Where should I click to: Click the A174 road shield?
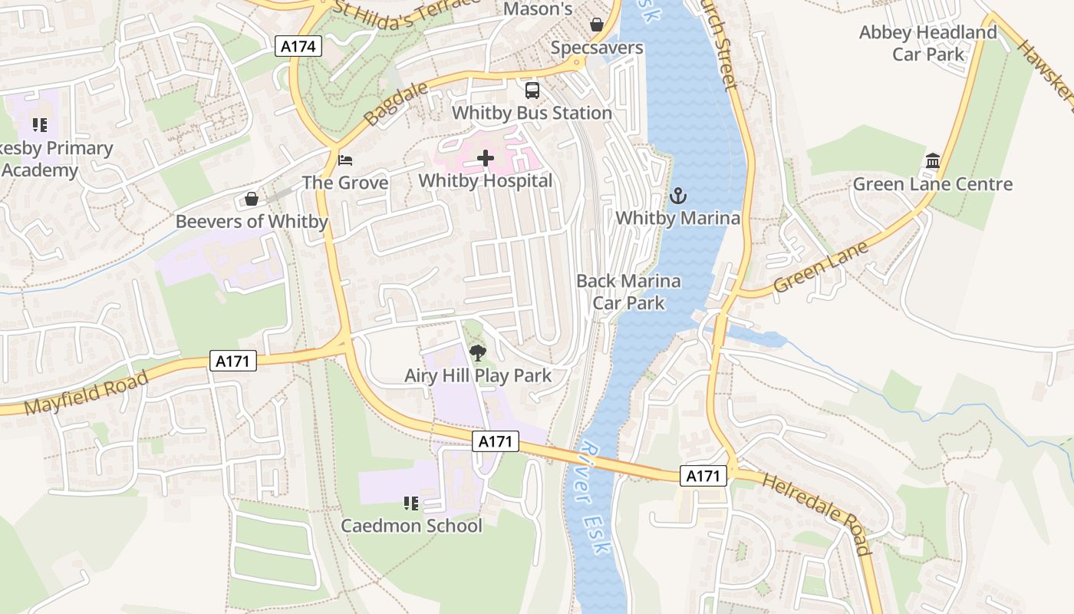coord(298,47)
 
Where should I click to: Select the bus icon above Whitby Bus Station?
coord(532,90)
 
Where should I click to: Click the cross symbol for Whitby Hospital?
coord(486,158)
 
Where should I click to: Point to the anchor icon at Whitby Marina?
coord(677,196)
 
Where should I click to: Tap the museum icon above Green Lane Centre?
coord(933,161)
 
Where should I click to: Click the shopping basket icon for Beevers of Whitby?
coord(252,200)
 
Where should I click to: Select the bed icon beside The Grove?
coord(345,160)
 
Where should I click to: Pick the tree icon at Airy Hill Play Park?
coord(478,353)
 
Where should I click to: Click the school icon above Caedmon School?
coord(411,503)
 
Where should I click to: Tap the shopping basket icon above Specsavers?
coord(597,25)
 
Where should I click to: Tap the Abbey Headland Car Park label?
coord(927,43)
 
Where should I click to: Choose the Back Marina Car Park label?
coord(628,292)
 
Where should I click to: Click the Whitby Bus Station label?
coord(532,113)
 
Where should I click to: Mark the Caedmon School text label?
coord(411,526)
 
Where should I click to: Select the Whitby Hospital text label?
coord(486,181)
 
